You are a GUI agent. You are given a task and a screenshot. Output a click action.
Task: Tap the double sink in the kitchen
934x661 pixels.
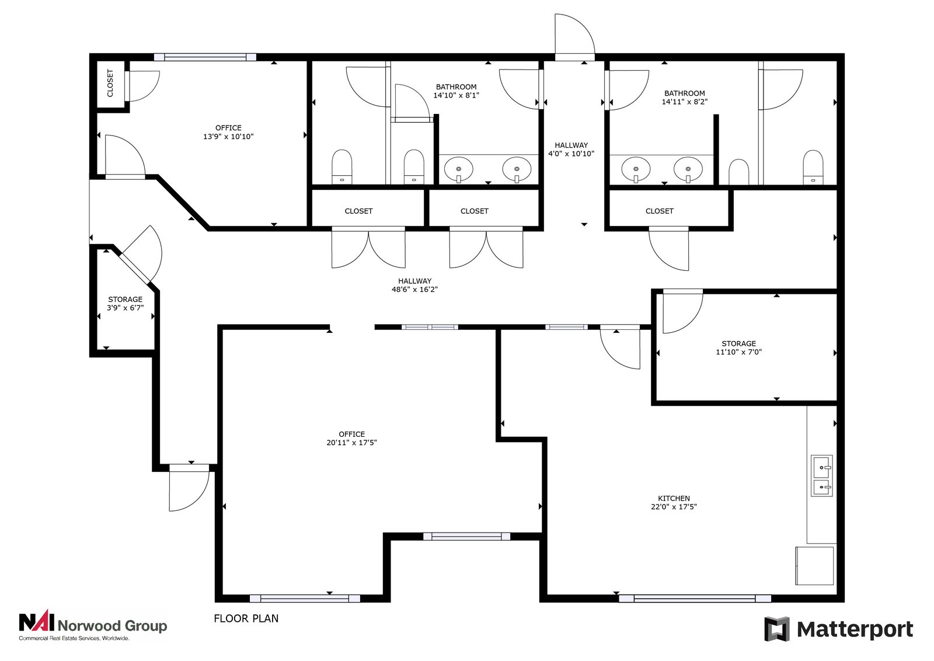[821, 476]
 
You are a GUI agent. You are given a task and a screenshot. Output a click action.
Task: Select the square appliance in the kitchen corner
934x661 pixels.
[814, 566]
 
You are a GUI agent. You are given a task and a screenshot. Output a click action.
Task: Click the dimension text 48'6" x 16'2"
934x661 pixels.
[414, 290]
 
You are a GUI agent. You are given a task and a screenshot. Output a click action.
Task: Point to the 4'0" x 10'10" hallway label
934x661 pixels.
[571, 149]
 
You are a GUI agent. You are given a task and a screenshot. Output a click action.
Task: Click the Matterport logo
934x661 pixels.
[838, 629]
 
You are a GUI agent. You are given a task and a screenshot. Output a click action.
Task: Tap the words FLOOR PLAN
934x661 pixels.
[246, 618]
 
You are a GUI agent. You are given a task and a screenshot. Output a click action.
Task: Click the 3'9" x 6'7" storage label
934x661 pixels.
[125, 304]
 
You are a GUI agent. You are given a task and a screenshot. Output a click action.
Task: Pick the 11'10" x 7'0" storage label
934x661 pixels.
[738, 348]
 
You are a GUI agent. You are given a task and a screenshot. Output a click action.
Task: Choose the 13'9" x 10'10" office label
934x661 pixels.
[228, 132]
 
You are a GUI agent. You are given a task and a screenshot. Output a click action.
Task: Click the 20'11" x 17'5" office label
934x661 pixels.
[351, 439]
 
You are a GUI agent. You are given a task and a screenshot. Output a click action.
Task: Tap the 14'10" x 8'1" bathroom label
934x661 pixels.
[456, 91]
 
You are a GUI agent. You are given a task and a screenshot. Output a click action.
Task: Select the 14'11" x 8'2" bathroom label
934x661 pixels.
[684, 97]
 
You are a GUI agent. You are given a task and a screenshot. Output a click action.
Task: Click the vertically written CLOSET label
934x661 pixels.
[110, 84]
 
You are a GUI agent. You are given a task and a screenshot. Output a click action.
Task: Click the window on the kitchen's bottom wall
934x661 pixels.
[695, 599]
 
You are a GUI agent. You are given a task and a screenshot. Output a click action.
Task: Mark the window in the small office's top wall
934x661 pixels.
[205, 57]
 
